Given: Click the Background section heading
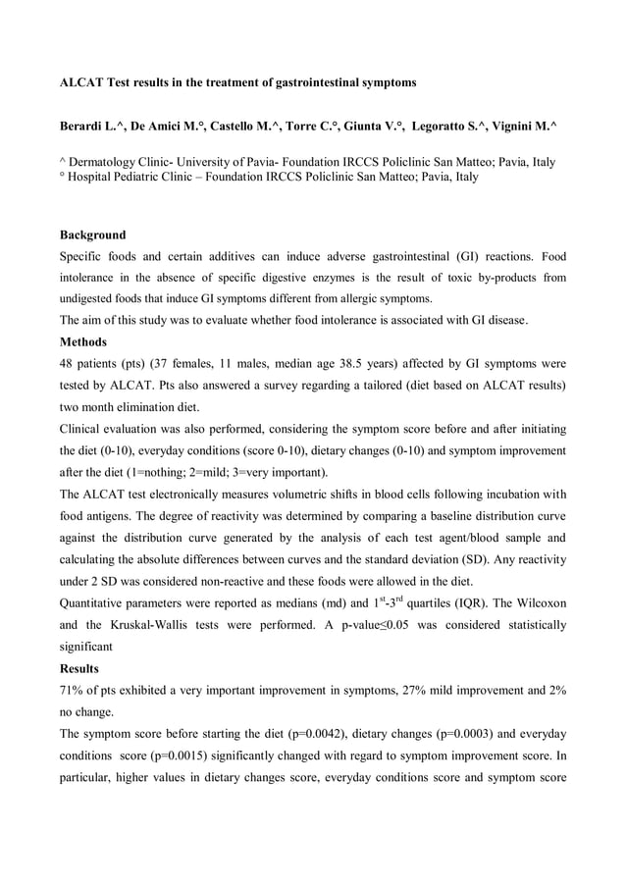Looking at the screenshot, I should pyautogui.click(x=93, y=235).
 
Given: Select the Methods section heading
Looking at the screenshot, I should pyautogui.click(x=86, y=342).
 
